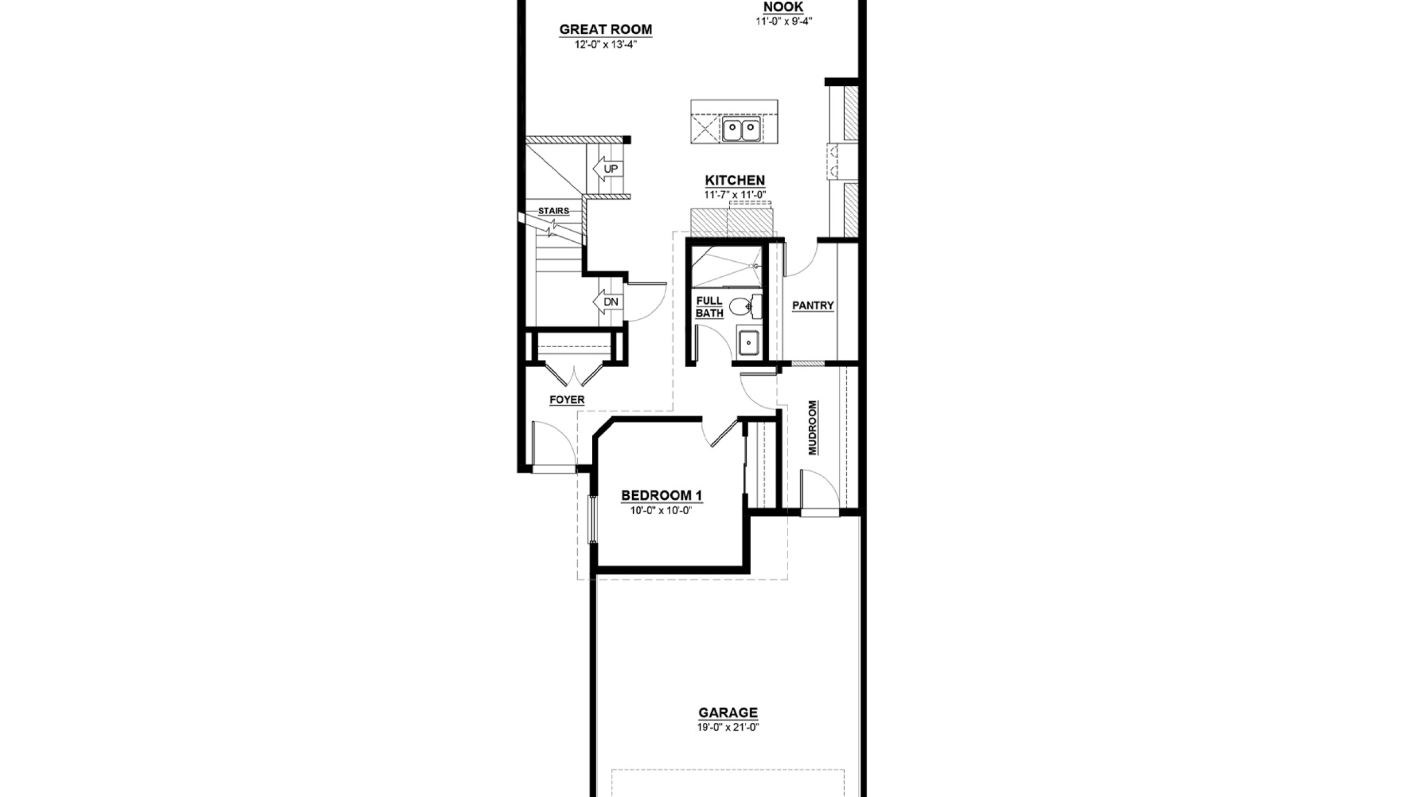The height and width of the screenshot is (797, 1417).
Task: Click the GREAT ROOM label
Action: click(606, 29)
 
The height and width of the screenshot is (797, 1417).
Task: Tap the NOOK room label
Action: click(783, 7)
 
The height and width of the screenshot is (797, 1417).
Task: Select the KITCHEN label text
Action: click(735, 180)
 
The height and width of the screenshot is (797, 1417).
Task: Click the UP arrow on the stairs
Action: click(606, 168)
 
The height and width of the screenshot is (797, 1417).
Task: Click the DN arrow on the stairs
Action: click(606, 302)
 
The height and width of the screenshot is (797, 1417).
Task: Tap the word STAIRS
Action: click(554, 211)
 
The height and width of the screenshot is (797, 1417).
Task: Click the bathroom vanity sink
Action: click(748, 343)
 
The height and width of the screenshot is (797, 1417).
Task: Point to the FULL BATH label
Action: click(709, 307)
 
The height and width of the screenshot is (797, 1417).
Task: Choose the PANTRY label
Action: click(813, 306)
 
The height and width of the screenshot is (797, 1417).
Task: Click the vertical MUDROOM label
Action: click(813, 428)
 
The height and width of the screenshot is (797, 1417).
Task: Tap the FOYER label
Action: click(567, 400)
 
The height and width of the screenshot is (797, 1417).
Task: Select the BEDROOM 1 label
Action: click(661, 495)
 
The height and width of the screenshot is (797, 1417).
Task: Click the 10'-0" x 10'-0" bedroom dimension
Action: click(661, 511)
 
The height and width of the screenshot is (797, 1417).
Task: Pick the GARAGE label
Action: click(728, 713)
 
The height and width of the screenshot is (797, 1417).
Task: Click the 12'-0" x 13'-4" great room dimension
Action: click(606, 45)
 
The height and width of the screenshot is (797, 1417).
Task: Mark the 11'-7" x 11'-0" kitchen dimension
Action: click(735, 195)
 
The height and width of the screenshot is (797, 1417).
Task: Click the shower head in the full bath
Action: click(754, 267)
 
